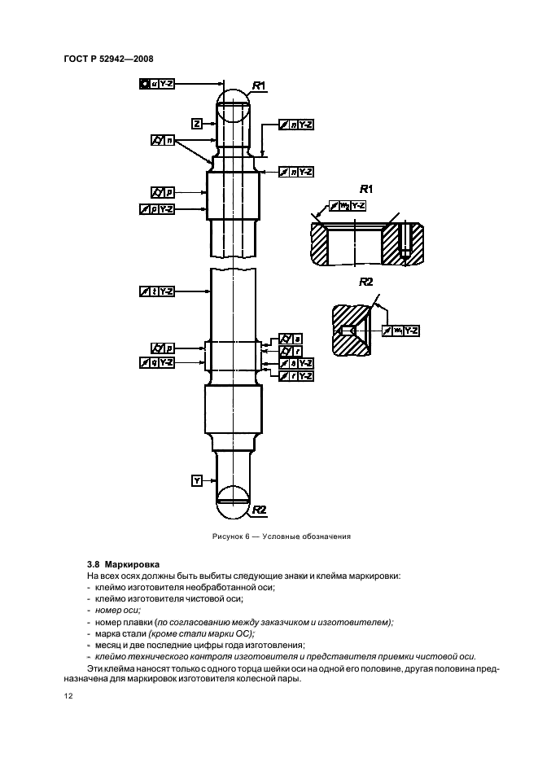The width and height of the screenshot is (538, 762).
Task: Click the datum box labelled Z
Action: (x=197, y=123)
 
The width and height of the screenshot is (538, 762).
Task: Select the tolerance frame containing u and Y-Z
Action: (x=157, y=83)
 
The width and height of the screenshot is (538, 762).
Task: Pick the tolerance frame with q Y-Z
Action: (x=157, y=361)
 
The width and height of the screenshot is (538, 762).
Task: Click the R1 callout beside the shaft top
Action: (x=260, y=85)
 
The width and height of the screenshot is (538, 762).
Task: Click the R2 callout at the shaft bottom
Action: (x=260, y=509)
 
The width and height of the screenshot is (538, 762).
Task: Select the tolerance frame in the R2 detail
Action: (x=403, y=331)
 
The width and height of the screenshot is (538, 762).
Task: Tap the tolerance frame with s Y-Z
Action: (x=296, y=363)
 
